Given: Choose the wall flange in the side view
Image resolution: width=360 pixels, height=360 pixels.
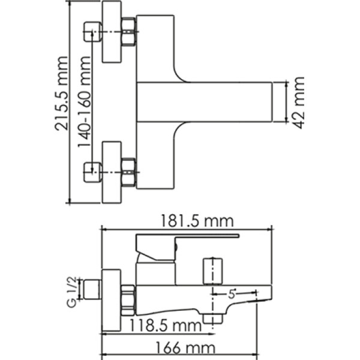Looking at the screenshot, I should click(112, 300).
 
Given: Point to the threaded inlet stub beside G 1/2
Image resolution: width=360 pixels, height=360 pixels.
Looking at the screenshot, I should click(91, 289).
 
